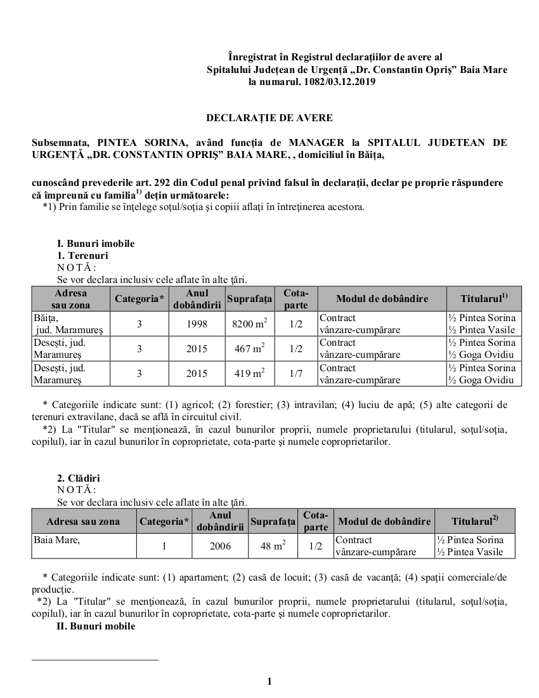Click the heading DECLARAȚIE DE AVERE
269,118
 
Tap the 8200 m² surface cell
249,324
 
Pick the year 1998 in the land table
197,324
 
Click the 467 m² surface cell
249,348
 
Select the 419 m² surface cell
249,374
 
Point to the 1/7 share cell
295,374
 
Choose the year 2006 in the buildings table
220,546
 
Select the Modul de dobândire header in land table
382,299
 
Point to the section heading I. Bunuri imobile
95,243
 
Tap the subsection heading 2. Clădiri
79,478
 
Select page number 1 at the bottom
269,682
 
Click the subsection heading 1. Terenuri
82,255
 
